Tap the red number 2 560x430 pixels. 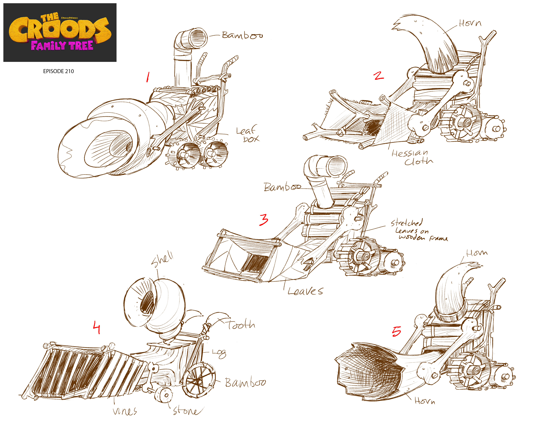(x=379, y=76)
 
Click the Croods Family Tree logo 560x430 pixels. (x=60, y=32)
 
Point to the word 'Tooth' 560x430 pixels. (x=241, y=325)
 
